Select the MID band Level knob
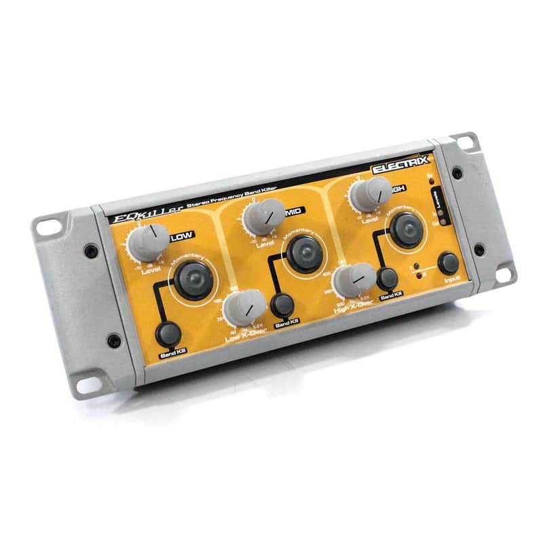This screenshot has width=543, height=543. click(262, 216)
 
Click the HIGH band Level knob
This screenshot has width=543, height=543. click(371, 193)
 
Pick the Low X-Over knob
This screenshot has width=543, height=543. click(244, 306)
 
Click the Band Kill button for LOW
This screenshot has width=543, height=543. click(168, 333)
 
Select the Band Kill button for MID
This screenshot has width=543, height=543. click(282, 305)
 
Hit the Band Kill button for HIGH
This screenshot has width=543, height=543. click(387, 278)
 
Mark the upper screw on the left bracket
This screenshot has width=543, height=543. click(91, 251)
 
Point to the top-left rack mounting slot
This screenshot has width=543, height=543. click(48, 226)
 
